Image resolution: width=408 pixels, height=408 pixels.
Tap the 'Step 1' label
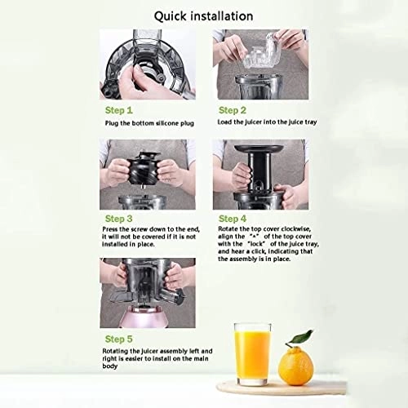119,108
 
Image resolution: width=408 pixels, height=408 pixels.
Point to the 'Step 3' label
119,218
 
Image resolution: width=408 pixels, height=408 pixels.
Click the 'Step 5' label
119,337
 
